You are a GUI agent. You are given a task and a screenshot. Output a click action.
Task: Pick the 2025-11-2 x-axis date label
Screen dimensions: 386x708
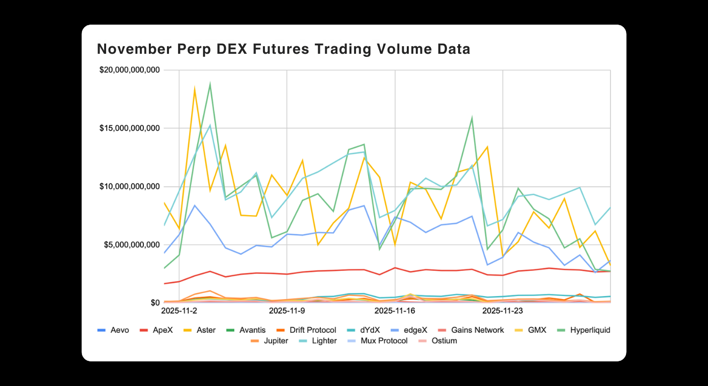point(179,311)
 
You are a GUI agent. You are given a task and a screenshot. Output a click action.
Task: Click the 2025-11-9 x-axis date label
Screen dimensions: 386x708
point(287,311)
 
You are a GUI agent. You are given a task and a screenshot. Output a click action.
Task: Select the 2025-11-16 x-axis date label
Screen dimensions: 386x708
point(395,311)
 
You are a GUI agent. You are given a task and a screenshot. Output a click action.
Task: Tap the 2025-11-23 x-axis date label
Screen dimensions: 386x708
point(503,311)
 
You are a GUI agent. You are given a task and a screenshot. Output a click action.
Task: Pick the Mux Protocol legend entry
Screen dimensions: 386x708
point(384,341)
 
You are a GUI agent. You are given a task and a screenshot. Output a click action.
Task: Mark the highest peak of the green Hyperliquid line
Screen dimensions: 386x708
point(210,84)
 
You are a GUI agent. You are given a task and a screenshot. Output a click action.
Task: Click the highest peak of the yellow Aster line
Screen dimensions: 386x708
point(194,88)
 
